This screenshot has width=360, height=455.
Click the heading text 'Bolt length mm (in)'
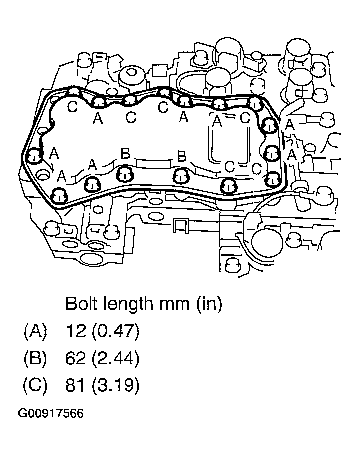pos(143,304)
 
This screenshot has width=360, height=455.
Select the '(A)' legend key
pos(35,331)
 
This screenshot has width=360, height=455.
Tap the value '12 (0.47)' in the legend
pos(102,331)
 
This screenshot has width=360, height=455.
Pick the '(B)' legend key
pos(35,358)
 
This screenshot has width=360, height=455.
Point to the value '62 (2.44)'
pos(102,358)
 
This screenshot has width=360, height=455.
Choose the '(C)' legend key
pos(35,385)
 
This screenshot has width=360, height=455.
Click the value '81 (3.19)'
pos(102,385)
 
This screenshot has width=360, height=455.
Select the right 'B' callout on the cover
pos(182,157)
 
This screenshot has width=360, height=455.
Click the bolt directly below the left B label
pos(124,175)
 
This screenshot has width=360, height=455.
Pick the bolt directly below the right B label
pos(181,176)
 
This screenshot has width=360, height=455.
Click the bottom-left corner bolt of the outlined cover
pos(59,196)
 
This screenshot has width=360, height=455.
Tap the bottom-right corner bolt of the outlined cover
pos(271,178)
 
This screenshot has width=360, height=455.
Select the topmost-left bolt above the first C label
pos(74,92)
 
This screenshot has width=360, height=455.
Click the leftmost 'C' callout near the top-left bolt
pos(73,107)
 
